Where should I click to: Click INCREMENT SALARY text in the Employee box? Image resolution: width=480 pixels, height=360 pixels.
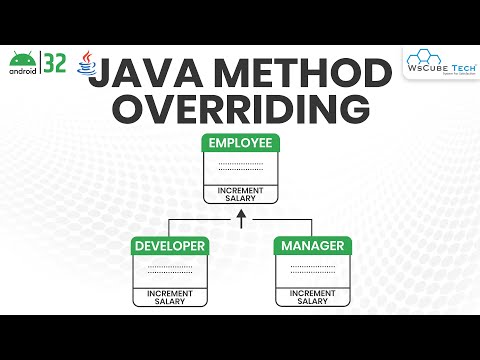[x=240, y=194]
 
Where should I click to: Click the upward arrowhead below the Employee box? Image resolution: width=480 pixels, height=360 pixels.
[x=240, y=214]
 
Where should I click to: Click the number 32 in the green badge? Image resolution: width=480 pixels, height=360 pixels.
[x=56, y=63]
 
